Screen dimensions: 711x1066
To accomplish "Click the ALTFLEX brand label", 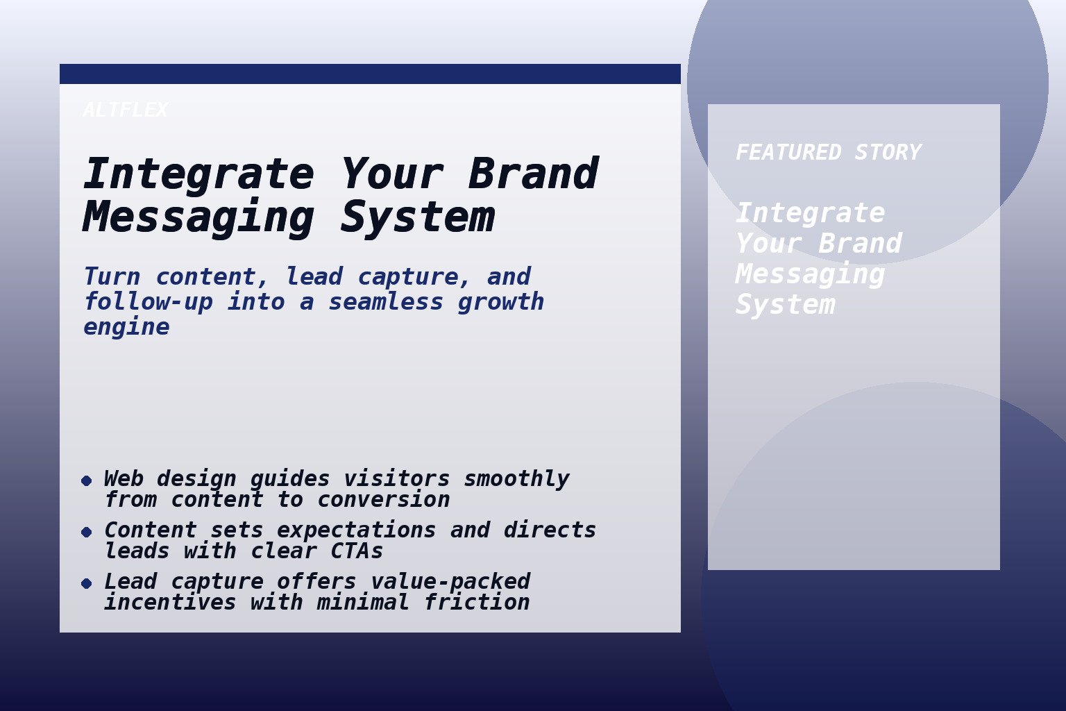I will pyautogui.click(x=125, y=110).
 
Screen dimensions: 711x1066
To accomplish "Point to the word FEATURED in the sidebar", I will pyautogui.click(x=788, y=153).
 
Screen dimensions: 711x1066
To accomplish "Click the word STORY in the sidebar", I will pyautogui.click(x=888, y=153).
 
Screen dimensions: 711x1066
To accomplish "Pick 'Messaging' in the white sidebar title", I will pyautogui.click(x=809, y=274).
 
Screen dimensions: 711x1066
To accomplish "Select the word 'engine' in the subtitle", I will pyautogui.click(x=126, y=327).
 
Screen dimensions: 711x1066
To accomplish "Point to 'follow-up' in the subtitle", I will pyautogui.click(x=148, y=302).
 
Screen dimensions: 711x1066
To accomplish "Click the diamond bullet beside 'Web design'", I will pyautogui.click(x=86, y=480).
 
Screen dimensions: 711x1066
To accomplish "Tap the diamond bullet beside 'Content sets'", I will pyautogui.click(x=86, y=532).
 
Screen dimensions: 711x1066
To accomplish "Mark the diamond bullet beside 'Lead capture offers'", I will pyautogui.click(x=86, y=583).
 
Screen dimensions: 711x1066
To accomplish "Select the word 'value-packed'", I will pyautogui.click(x=450, y=581).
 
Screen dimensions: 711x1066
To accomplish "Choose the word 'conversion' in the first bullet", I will pyautogui.click(x=383, y=499).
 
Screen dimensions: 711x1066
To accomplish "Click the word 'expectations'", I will pyautogui.click(x=356, y=530).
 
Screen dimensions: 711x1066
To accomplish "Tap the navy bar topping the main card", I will pyautogui.click(x=370, y=74).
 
